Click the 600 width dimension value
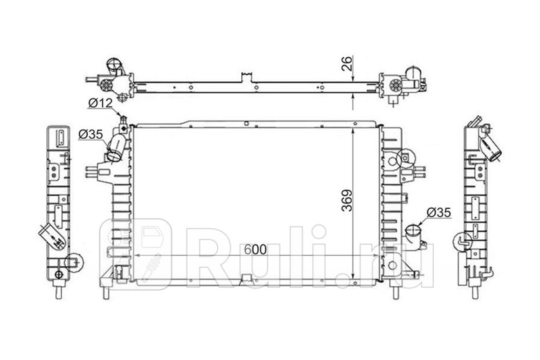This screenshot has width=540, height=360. point(255,249)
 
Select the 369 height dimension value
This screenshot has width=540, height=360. point(347,201)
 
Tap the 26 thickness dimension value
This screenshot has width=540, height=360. point(347,63)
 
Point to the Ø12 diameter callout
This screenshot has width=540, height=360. point(100,103)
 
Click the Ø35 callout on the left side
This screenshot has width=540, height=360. point(90,134)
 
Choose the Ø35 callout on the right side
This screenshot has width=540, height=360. point(439,212)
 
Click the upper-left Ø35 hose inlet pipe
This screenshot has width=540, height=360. point(117,147)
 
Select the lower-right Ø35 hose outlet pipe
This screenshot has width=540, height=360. point(413,233)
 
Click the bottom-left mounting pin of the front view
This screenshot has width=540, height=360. point(106,292)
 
